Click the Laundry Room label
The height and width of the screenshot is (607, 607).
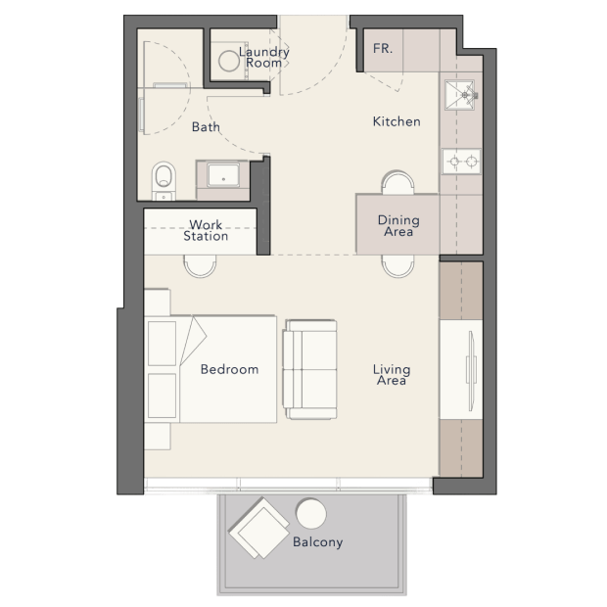(264, 58)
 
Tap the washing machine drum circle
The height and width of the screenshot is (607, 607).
(229, 61)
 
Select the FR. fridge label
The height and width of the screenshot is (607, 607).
(383, 48)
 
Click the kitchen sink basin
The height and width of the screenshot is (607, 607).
(459, 95)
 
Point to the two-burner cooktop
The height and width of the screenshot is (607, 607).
(461, 161)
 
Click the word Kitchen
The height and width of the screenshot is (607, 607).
(397, 121)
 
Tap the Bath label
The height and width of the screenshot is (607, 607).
(206, 126)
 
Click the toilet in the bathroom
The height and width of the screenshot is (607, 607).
(163, 181)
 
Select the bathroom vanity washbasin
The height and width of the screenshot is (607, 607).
(223, 175)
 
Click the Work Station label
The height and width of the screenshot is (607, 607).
(206, 230)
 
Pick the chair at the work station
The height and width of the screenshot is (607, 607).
(200, 266)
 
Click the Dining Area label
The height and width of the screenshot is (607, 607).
(398, 226)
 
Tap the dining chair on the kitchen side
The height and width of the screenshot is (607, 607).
(397, 182)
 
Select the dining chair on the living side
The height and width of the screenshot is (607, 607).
(397, 266)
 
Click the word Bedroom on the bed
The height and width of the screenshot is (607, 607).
(229, 369)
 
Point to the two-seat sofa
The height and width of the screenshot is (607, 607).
(309, 369)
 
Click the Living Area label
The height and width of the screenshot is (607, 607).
(392, 375)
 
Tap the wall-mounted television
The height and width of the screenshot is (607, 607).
(471, 371)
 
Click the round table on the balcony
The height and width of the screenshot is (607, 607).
(311, 514)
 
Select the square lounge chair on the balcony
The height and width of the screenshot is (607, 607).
(259, 528)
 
